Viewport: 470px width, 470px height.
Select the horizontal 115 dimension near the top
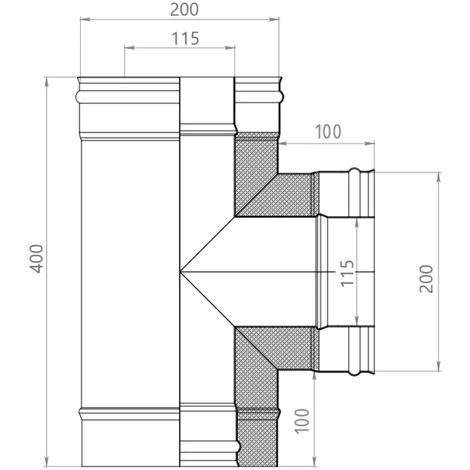tap(185, 39)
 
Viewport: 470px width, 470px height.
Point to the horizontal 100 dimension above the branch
tap(328, 132)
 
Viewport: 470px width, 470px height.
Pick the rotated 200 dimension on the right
tap(426, 279)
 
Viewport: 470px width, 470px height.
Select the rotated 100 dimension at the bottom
tap(304, 420)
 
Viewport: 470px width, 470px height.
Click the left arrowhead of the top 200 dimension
tap(82, 19)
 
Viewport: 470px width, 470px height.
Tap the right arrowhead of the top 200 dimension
tap(277, 19)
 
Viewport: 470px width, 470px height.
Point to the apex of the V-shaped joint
tap(180, 272)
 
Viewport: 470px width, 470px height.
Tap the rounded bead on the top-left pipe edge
tap(78, 97)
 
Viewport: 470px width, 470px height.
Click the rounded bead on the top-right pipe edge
tap(282, 97)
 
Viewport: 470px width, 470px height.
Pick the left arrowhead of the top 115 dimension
tap(126, 47)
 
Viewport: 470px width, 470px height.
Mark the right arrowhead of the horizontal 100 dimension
tap(372, 142)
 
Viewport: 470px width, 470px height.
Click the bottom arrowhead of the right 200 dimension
tap(439, 369)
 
